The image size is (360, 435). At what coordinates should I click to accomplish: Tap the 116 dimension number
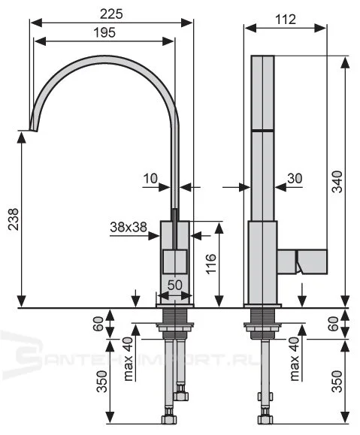pos(211,265)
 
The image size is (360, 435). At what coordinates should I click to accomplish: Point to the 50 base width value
pos(174,285)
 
